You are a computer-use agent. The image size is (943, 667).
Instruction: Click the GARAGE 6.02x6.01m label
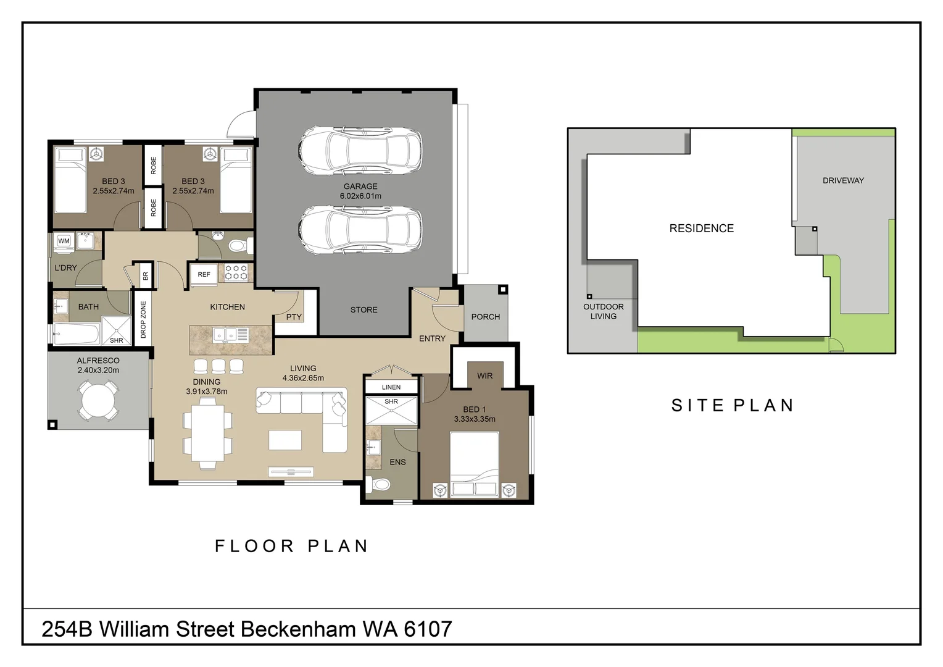click(x=360, y=191)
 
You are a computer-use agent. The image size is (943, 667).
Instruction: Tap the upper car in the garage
click(x=360, y=149)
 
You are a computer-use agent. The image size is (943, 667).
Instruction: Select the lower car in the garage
click(x=360, y=229)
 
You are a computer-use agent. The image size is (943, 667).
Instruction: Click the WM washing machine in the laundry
click(x=64, y=241)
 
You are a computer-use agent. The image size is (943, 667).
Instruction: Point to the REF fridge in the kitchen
click(x=204, y=274)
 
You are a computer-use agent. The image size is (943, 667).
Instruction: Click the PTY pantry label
click(x=294, y=317)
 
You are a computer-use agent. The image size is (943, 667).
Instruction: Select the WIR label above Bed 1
click(x=484, y=375)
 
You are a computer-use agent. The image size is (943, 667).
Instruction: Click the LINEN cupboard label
click(x=391, y=387)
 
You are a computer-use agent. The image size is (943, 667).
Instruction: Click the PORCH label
click(x=485, y=317)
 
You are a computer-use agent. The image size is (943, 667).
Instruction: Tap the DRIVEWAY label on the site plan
click(x=843, y=180)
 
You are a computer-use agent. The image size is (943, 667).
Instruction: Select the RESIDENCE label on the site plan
click(x=702, y=228)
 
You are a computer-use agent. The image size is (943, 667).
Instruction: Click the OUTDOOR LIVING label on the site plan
click(x=603, y=311)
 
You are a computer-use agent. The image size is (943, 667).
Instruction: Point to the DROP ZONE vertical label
click(x=143, y=319)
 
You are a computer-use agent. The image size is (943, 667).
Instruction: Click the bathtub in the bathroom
click(x=77, y=334)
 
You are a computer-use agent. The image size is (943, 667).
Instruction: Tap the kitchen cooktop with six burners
click(x=236, y=272)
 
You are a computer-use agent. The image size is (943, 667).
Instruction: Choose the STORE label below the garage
click(x=363, y=309)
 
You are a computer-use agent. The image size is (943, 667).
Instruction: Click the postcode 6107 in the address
click(x=428, y=629)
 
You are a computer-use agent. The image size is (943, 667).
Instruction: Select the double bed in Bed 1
click(x=474, y=464)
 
